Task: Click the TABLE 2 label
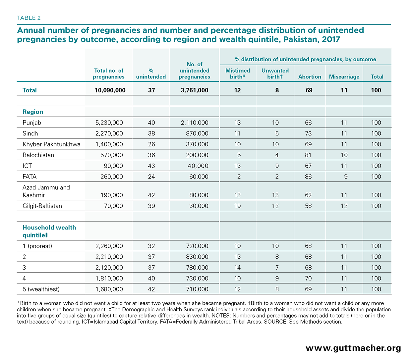pos(29,18)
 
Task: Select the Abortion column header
pos(310,77)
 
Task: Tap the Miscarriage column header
pos(344,77)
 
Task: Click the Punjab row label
pos(32,123)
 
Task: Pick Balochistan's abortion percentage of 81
pos(308,155)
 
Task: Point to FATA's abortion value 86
pos(308,177)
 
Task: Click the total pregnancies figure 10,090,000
pos(110,90)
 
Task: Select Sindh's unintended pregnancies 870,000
pos(197,133)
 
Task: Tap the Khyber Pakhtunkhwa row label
pos(51,144)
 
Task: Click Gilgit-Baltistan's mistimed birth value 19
pos(237,206)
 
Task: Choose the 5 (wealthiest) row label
pos(41,289)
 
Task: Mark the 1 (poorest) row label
pos(37,246)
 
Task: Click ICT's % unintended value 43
pos(151,166)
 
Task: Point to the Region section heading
pos(33,112)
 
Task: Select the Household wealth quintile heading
pos(49,231)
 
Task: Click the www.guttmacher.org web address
pos(353,348)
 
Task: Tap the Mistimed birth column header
pos(238,74)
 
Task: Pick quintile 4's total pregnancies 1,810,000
pos(109,278)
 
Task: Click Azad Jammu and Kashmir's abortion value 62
pos(308,195)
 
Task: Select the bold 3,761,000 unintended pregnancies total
pos(195,90)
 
